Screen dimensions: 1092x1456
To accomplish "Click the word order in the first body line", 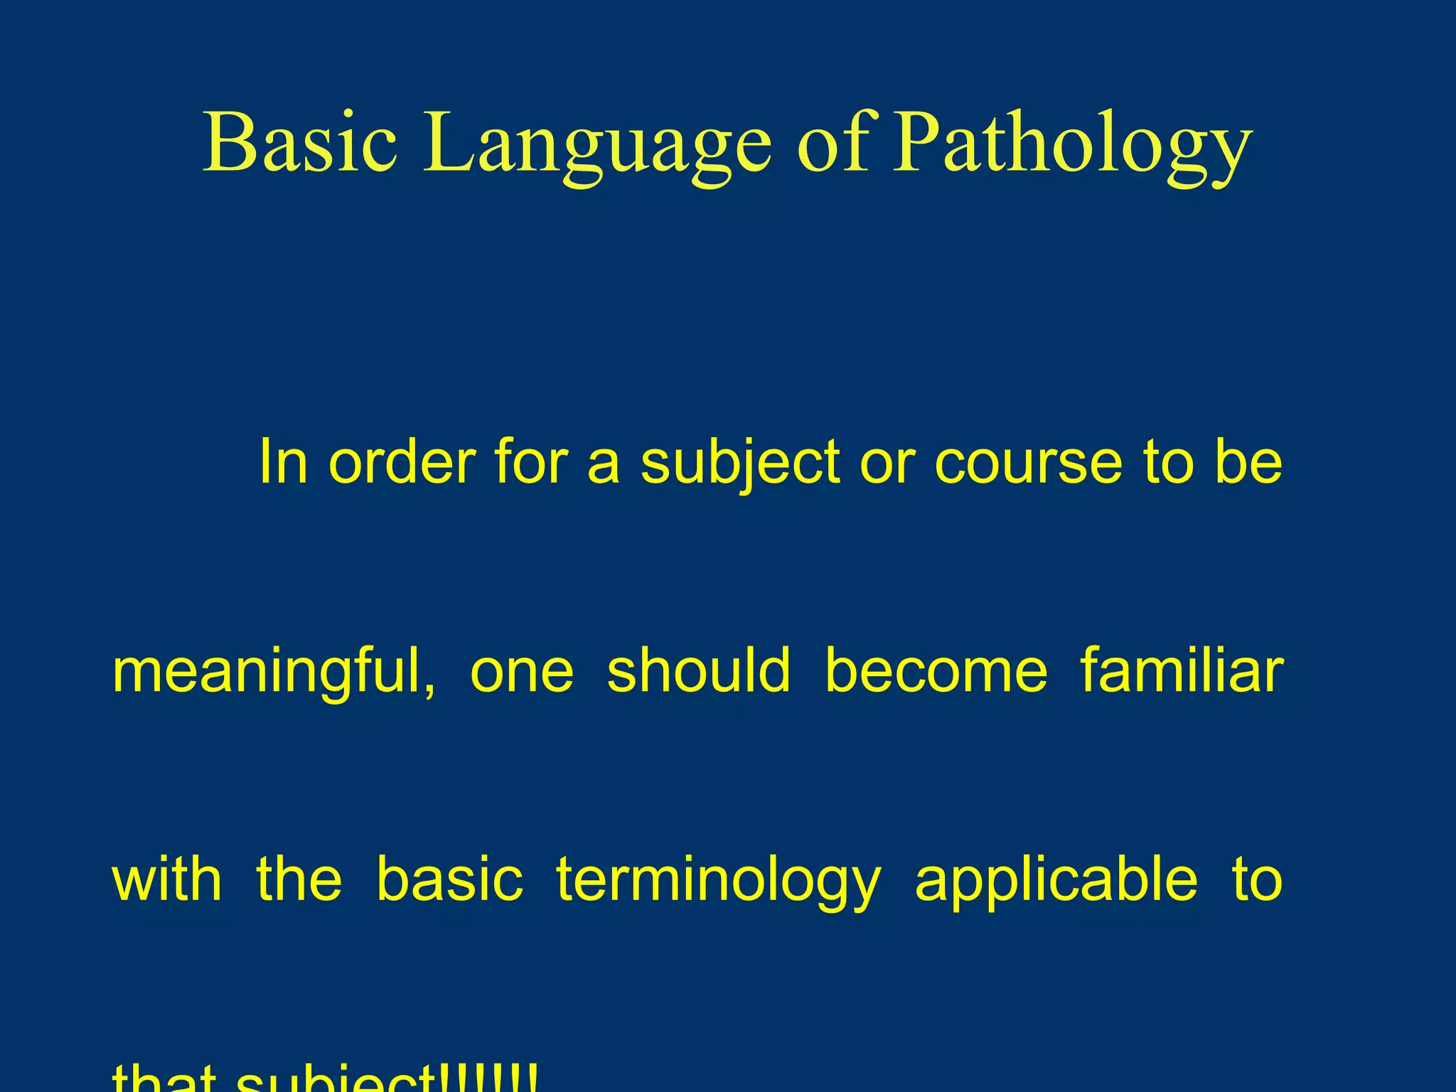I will pos(402,462).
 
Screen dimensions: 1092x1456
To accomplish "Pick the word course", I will pos(1028,462).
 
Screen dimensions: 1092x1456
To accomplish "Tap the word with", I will pos(167,880).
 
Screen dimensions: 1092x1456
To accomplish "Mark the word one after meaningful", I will pos(522,672).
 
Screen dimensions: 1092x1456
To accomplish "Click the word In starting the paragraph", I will pos(283,462).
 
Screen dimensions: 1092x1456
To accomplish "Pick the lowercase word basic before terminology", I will pos(449,880).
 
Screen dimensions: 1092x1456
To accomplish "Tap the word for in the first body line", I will pos(530,462).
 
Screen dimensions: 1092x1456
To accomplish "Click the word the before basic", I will pos(299,880).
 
